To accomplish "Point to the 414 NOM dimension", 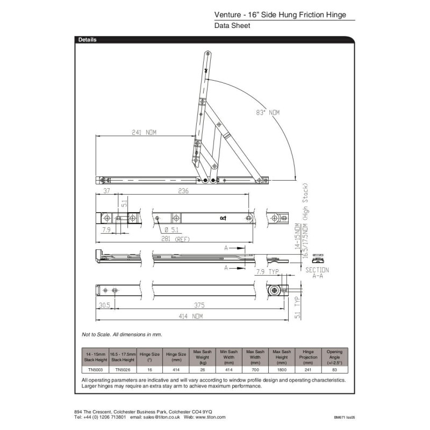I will pyautogui.click(x=190, y=317).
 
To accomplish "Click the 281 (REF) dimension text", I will pyautogui.click(x=176, y=239).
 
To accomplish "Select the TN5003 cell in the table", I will pyautogui.click(x=95, y=370).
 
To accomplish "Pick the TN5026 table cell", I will pyautogui.click(x=122, y=370).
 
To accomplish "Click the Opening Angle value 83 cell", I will pyautogui.click(x=334, y=370).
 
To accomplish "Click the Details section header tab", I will pyautogui.click(x=88, y=40).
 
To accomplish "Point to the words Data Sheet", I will pyautogui.click(x=232, y=25).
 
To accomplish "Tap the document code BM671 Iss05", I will pyautogui.click(x=345, y=417).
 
